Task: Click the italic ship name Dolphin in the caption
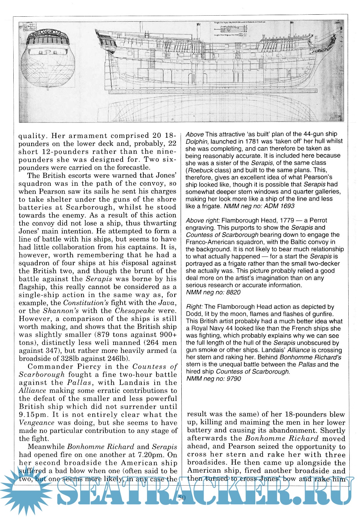click(x=197, y=141)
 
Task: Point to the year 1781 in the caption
click(x=252, y=141)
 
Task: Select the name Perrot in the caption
click(x=318, y=220)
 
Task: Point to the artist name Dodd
click(x=194, y=314)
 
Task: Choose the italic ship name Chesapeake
click(x=135, y=311)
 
